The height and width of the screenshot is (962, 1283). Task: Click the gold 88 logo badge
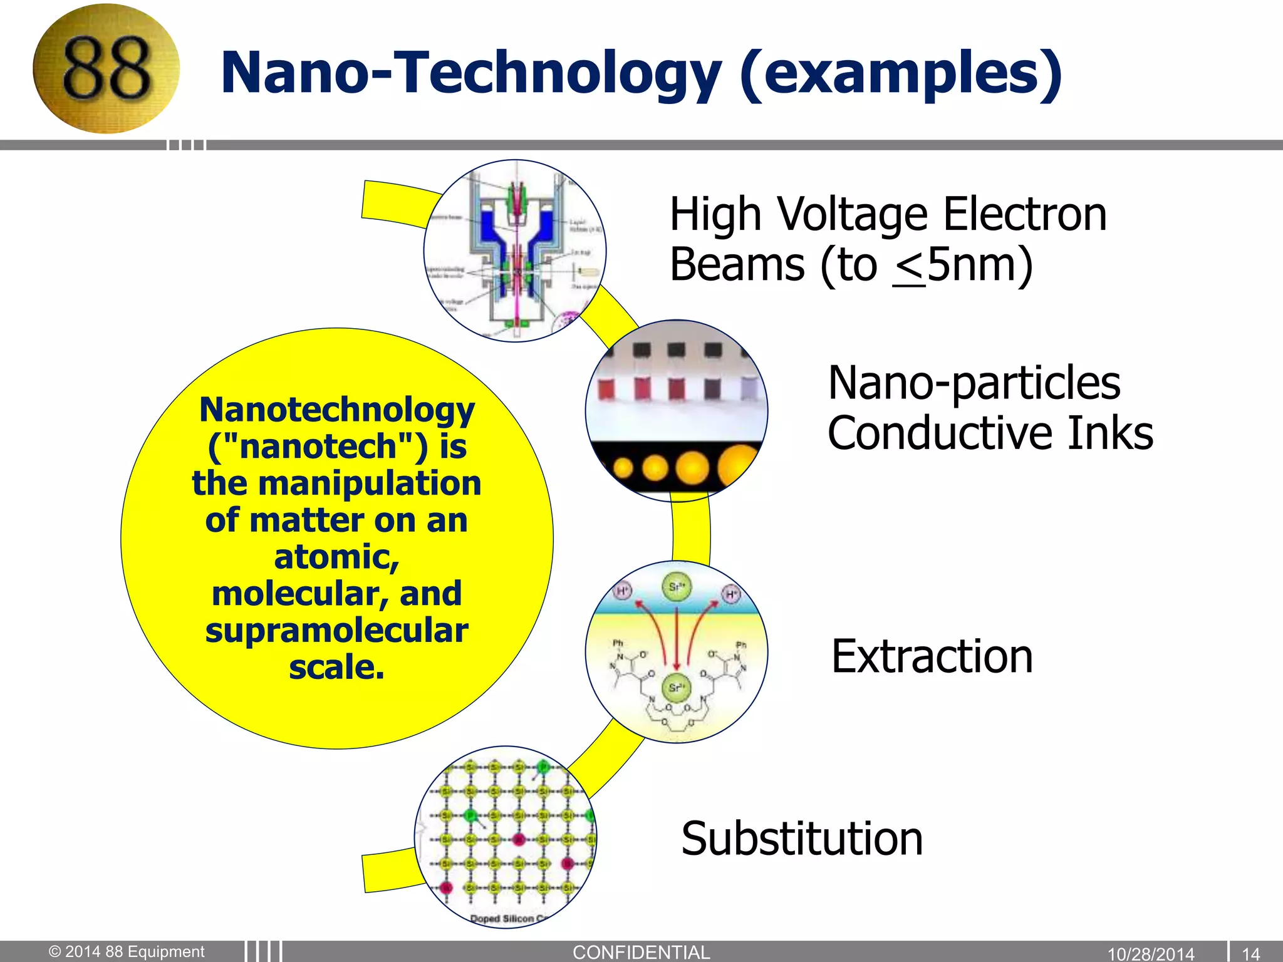(106, 69)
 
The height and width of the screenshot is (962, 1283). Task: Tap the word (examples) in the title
(900, 73)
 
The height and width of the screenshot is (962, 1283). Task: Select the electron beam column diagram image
(515, 251)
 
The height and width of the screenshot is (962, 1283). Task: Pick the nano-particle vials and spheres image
(677, 410)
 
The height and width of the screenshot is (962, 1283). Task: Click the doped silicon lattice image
(506, 836)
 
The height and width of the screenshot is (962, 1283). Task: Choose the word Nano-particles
(974, 383)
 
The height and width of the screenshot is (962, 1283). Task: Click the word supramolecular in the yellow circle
(337, 630)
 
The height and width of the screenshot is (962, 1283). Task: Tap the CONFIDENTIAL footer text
(641, 952)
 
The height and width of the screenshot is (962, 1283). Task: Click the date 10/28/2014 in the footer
(1151, 953)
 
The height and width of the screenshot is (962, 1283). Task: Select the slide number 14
(1251, 953)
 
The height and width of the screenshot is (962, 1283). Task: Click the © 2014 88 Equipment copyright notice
(127, 951)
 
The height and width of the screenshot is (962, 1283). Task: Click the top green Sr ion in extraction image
(677, 587)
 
